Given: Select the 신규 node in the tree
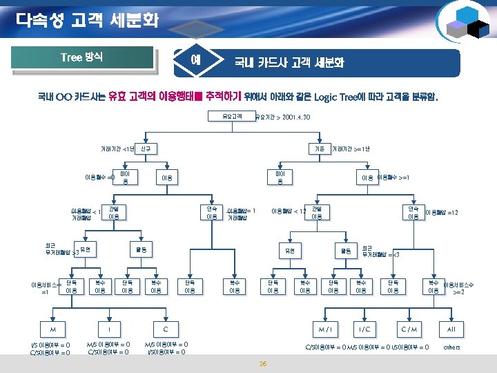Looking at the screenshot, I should click(x=146, y=149).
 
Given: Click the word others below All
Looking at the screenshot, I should click(x=451, y=347).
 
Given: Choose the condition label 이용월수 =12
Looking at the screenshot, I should click(x=442, y=212).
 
